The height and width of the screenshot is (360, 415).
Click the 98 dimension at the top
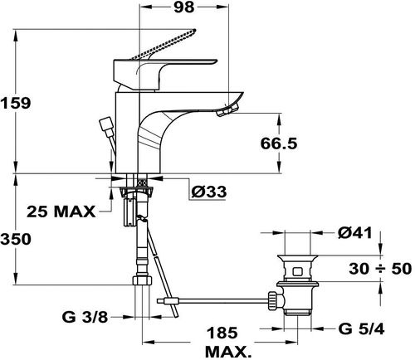pyautogui.click(x=184, y=7)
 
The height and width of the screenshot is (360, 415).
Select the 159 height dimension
pyautogui.click(x=15, y=103)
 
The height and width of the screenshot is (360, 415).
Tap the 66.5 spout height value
pyautogui.click(x=279, y=144)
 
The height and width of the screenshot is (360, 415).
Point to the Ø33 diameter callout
pyautogui.click(x=209, y=192)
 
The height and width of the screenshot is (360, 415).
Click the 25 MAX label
pyautogui.click(x=61, y=212)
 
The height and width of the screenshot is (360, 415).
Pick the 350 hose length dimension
pyautogui.click(x=16, y=239)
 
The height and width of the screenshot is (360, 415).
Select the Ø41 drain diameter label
pyautogui.click(x=355, y=233)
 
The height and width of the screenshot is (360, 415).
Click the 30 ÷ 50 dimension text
pyautogui.click(x=380, y=269)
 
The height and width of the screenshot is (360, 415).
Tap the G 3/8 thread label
pyautogui.click(x=85, y=317)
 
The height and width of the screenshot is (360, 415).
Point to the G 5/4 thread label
pyautogui.click(x=361, y=328)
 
